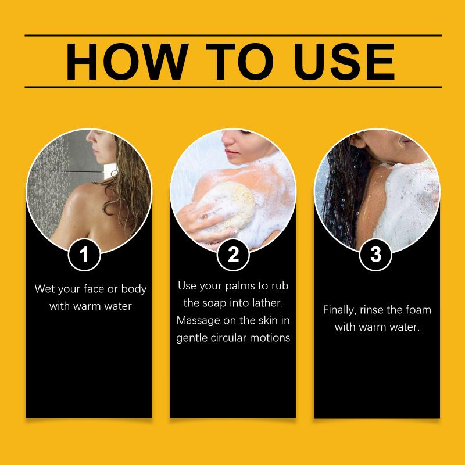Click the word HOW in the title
click(127, 62)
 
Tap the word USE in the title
click(344, 62)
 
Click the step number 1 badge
click(84, 255)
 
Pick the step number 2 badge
click(233, 255)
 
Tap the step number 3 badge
click(375, 255)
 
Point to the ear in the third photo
click(357, 140)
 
